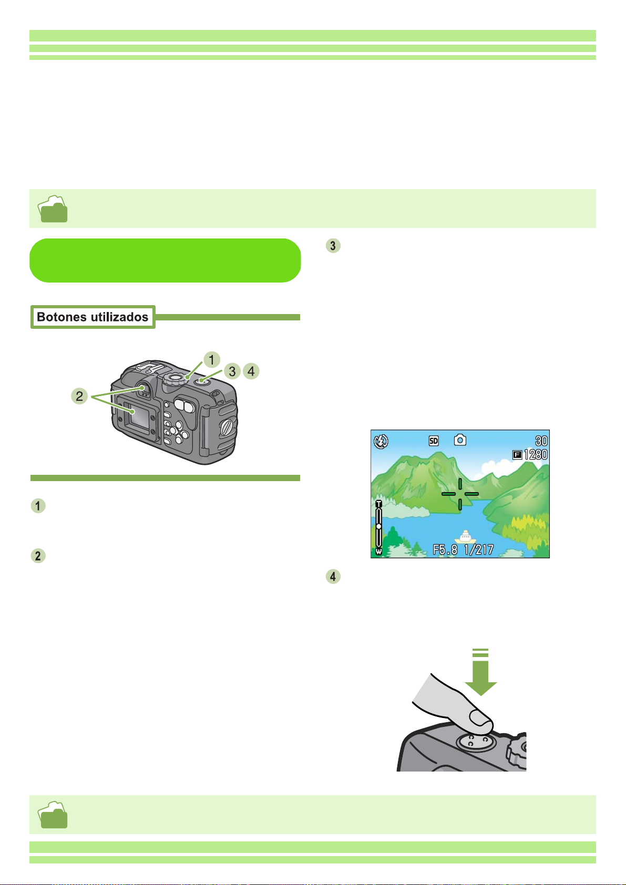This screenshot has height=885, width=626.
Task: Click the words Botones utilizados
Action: click(x=93, y=317)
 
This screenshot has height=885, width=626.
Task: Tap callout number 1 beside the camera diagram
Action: click(x=211, y=360)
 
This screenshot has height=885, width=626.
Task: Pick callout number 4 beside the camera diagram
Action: click(x=251, y=371)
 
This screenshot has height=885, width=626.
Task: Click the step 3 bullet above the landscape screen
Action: click(x=333, y=245)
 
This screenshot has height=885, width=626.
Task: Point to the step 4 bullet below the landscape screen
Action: click(x=333, y=576)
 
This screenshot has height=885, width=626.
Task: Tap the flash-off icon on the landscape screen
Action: click(x=381, y=441)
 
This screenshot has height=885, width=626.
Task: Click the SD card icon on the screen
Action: click(x=434, y=441)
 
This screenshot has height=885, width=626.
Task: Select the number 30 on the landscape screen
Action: click(x=541, y=441)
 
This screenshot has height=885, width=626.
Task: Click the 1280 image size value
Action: click(x=536, y=454)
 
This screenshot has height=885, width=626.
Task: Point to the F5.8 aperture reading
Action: click(x=445, y=549)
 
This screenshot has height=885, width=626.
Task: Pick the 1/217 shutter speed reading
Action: click(x=479, y=549)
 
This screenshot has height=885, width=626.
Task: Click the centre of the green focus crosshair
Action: click(x=460, y=494)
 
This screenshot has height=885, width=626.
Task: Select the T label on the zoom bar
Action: click(x=378, y=504)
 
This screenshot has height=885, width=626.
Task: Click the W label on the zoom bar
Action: click(x=378, y=551)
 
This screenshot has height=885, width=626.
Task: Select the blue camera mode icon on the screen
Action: click(x=460, y=440)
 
